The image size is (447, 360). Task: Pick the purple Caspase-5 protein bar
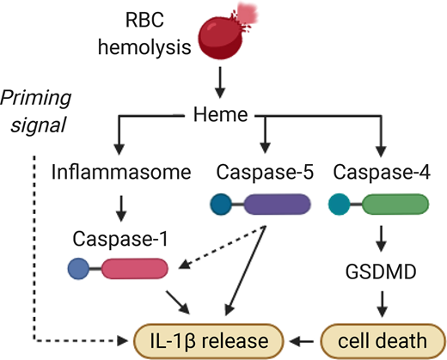[278, 204]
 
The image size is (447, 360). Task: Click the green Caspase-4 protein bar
[393, 204]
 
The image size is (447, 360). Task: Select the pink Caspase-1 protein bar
[138, 270]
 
